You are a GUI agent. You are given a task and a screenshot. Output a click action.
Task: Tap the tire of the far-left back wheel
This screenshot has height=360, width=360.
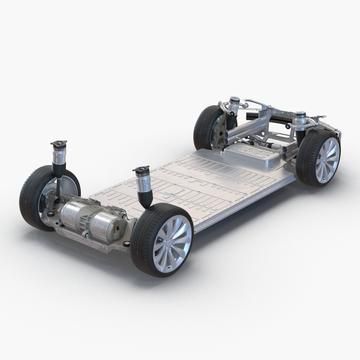pos(205,125)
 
